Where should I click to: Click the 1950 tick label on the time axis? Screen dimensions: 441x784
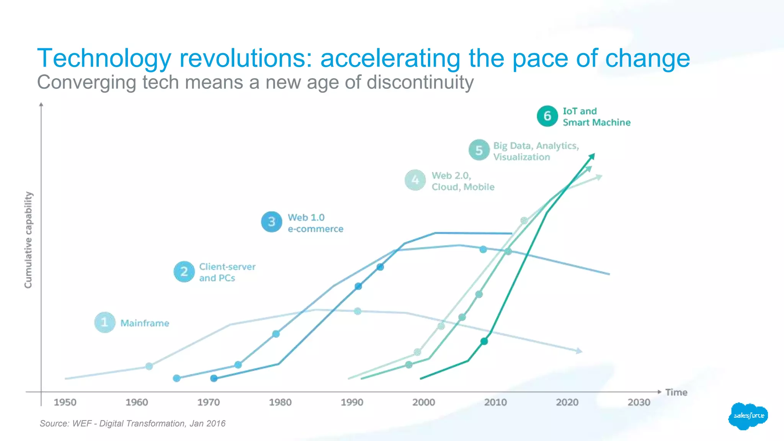[x=65, y=402]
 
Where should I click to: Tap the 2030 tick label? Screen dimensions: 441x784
[x=639, y=402]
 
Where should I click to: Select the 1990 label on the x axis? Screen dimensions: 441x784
[x=352, y=402]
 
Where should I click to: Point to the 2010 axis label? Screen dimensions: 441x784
[x=495, y=402]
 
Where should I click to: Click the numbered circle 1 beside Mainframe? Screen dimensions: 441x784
[x=105, y=322]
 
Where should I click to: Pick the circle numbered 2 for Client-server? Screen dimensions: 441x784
[x=184, y=272]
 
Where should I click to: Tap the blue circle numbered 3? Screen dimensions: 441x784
[x=271, y=222]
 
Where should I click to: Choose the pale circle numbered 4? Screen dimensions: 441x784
[x=415, y=180]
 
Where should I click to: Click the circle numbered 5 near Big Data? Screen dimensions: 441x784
[x=479, y=150]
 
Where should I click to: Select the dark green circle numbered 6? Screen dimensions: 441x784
[x=547, y=116]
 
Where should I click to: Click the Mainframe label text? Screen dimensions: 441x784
[x=145, y=323]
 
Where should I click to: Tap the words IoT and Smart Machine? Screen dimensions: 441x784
[x=596, y=117]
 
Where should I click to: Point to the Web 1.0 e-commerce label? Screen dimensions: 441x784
[x=315, y=223]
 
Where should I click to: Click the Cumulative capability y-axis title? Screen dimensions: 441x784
[x=28, y=240]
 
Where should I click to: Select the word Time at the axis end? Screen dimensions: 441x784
[x=676, y=392]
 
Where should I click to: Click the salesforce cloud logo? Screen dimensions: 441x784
[x=748, y=416]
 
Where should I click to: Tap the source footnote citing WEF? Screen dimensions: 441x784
[x=132, y=423]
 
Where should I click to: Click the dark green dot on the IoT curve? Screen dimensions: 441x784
[x=484, y=341]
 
